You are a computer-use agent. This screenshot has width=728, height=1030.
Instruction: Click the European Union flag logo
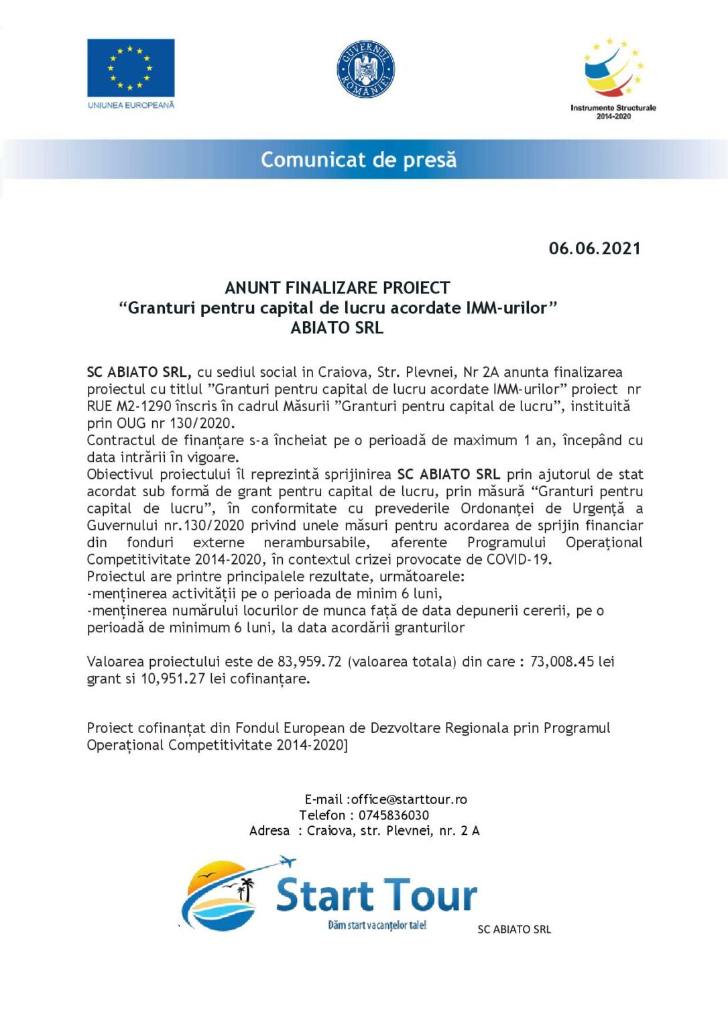coord(131,68)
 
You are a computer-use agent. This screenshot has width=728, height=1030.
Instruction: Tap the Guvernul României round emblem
coord(365,69)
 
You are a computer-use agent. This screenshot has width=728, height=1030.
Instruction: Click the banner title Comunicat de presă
coord(359,160)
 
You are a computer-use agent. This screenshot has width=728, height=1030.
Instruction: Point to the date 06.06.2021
coord(595,248)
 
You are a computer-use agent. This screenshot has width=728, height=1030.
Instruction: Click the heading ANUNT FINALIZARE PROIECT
coord(337,288)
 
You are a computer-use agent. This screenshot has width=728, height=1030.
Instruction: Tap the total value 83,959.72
coord(310,662)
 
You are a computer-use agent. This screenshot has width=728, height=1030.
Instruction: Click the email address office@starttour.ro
coord(410,799)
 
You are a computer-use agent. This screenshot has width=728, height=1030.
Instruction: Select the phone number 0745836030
coord(393,815)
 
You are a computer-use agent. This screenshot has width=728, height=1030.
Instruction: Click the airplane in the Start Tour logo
coord(286,860)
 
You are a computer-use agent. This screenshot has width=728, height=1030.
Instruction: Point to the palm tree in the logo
coord(247,889)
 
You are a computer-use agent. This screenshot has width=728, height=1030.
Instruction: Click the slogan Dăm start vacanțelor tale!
coord(377,925)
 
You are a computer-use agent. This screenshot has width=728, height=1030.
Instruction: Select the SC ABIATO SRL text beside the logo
coord(514,929)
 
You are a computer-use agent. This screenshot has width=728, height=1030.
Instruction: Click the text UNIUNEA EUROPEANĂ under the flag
coord(131,105)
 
